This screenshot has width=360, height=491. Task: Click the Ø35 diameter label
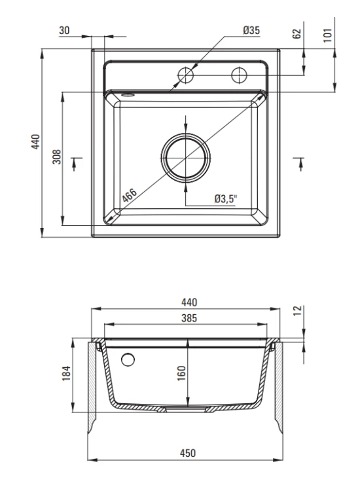(x=251, y=30)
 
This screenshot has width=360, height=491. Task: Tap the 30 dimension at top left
(x=64, y=30)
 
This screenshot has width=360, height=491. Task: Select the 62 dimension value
(x=297, y=33)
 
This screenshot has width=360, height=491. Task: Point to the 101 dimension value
(x=327, y=35)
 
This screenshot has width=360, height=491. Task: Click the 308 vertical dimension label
(x=57, y=156)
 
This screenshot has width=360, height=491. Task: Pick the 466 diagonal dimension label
(x=130, y=195)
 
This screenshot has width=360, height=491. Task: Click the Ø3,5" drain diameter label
(x=226, y=198)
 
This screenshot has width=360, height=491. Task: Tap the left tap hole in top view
(x=186, y=75)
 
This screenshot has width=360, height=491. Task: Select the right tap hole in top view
(x=239, y=75)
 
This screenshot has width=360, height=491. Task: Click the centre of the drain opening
(x=186, y=158)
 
